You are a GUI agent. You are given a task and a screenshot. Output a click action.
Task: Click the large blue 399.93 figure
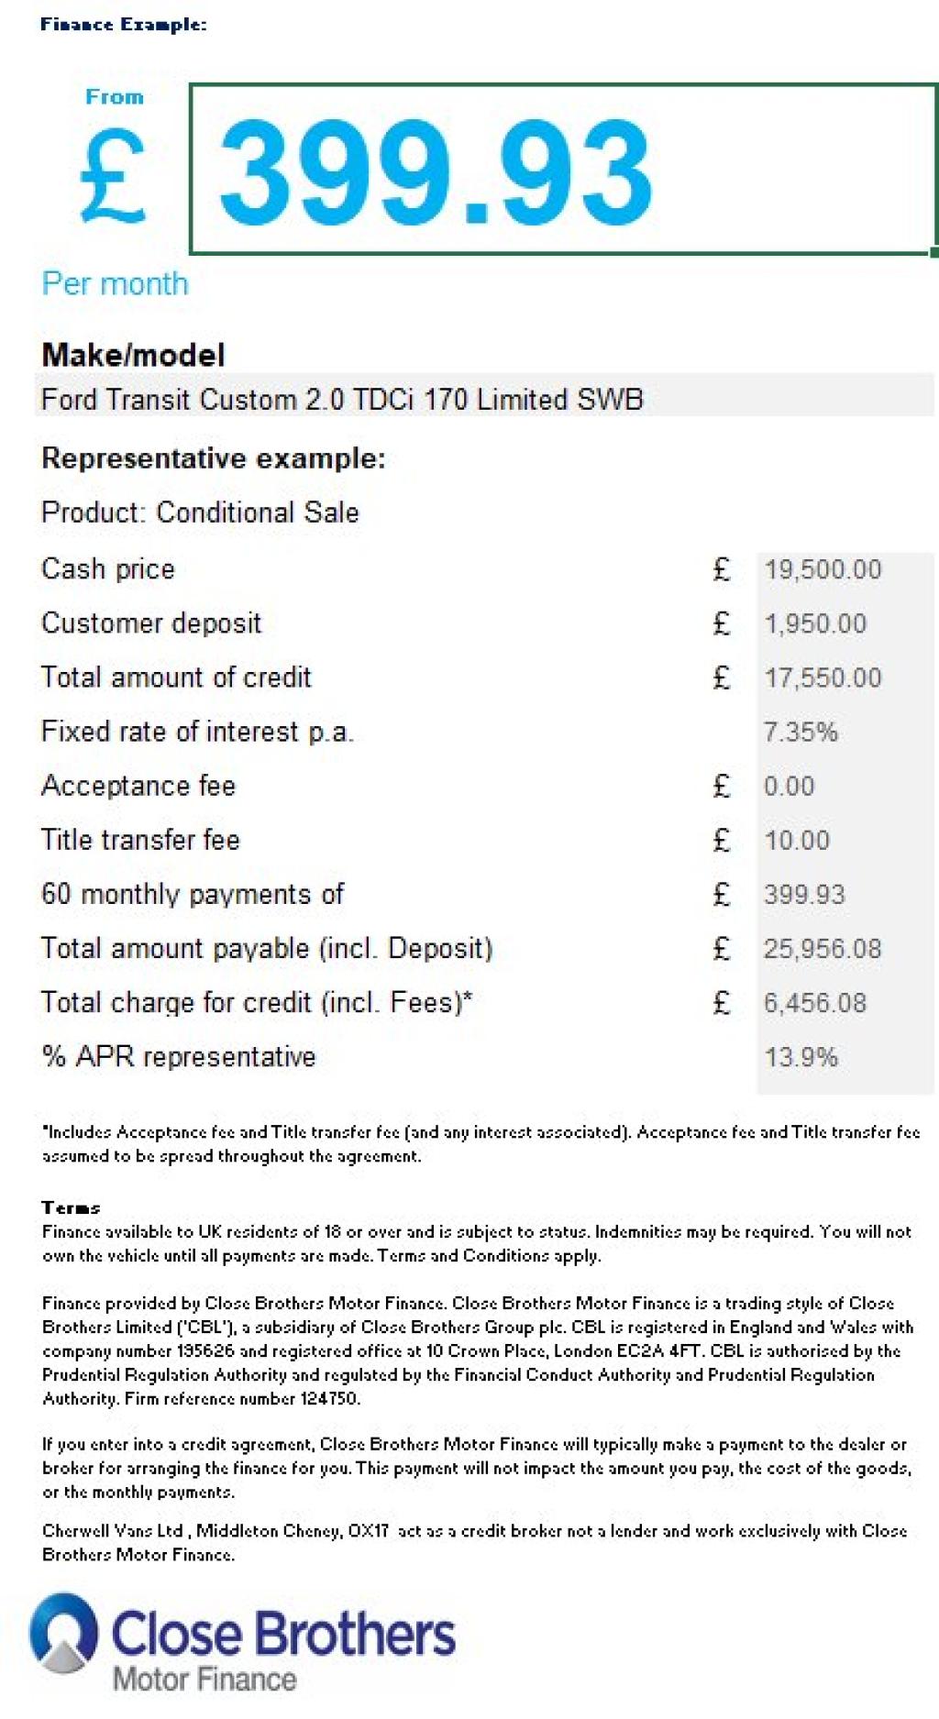(x=436, y=174)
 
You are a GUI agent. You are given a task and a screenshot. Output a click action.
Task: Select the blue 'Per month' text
(x=115, y=284)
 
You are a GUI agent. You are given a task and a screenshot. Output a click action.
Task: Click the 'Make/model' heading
(x=133, y=355)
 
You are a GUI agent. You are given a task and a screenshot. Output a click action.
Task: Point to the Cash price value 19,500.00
(x=823, y=569)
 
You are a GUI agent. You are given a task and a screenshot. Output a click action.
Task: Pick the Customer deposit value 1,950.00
(x=815, y=623)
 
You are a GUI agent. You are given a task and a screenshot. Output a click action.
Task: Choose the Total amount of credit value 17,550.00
(x=823, y=678)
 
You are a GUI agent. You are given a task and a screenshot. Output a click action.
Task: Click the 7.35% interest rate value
(x=801, y=732)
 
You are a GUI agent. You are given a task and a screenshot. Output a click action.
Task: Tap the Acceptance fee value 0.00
(x=789, y=786)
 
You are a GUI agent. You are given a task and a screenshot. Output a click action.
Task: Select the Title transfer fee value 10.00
(x=796, y=840)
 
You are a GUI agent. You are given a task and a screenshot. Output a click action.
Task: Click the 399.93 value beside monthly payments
(x=804, y=894)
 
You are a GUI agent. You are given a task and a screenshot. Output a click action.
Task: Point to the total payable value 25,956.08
(x=823, y=948)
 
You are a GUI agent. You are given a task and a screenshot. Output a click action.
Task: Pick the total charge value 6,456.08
(x=815, y=1002)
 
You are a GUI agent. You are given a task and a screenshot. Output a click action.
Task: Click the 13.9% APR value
(x=801, y=1057)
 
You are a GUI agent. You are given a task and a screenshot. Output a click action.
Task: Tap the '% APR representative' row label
(x=179, y=1056)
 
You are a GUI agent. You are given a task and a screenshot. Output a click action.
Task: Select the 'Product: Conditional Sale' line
(x=200, y=512)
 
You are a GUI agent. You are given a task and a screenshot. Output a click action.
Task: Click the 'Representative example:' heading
(x=214, y=457)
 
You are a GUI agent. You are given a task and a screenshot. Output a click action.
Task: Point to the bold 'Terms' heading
(x=71, y=1207)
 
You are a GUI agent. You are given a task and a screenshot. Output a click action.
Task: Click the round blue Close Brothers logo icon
(x=63, y=1634)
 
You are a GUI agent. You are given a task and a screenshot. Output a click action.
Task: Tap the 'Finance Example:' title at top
(x=123, y=25)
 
